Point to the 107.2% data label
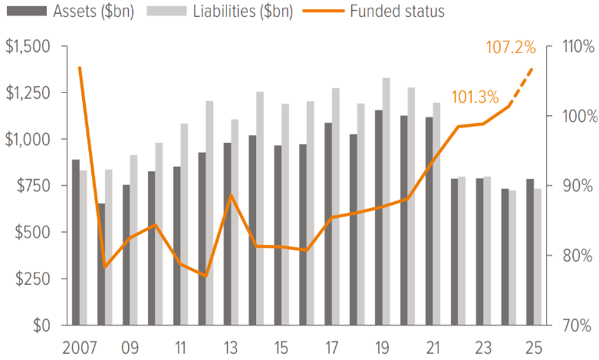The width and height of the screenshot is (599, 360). pos(510,48)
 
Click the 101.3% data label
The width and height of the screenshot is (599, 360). pos(475,97)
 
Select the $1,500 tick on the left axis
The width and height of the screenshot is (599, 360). pos(28,47)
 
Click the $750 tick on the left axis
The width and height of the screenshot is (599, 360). pos(33,186)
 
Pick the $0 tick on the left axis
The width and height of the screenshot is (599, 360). pos(41,325)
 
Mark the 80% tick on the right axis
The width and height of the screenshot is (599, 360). pos(576,256)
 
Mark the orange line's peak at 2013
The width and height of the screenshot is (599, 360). pos(232,196)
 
